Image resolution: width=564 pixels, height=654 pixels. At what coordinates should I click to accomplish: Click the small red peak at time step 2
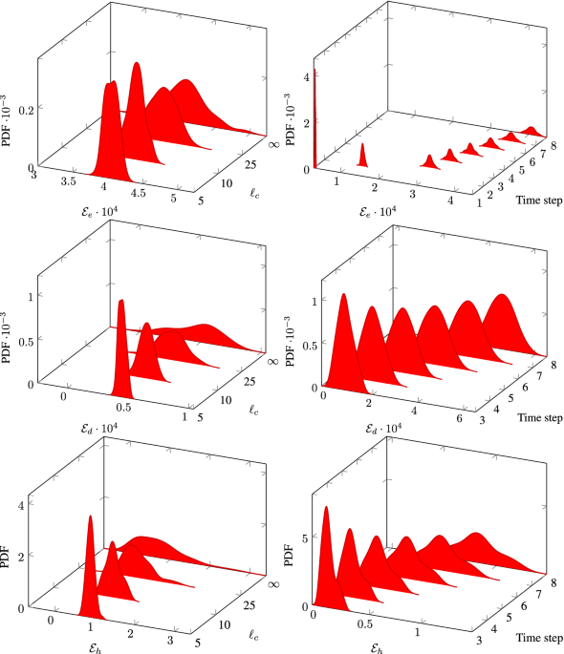coord(362,156)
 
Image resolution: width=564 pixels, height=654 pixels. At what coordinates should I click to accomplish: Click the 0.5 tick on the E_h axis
coord(363,622)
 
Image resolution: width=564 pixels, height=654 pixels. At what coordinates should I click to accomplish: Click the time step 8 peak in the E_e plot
coord(532,129)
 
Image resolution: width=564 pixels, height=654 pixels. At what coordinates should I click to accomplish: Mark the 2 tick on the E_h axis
coord(130,631)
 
